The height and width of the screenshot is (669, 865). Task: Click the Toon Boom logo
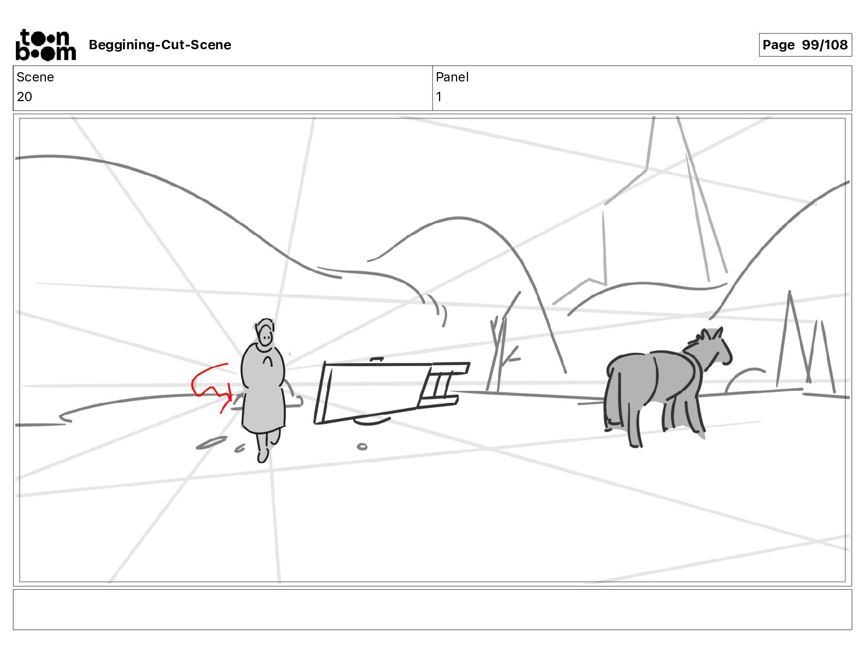tap(45, 45)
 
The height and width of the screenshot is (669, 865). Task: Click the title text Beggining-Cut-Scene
tap(159, 45)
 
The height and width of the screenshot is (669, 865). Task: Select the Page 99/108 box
tap(805, 45)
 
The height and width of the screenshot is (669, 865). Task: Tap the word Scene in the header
tap(35, 77)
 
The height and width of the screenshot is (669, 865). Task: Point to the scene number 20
tap(24, 96)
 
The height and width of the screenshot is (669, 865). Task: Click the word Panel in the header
tap(452, 77)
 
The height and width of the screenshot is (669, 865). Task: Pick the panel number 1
tap(439, 96)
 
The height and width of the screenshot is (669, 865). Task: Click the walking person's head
tap(264, 333)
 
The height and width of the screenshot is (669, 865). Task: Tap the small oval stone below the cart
tap(362, 447)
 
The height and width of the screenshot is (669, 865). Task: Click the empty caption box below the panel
tap(432, 609)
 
